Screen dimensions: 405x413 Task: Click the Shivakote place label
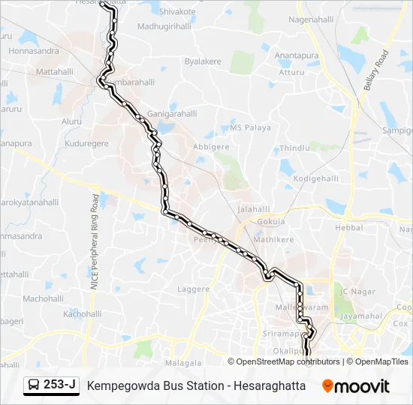[177, 12]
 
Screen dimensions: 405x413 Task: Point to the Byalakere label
[203, 61]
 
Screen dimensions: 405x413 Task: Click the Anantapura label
[297, 55]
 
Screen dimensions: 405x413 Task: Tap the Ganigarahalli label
[172, 114]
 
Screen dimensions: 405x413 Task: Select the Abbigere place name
[211, 147]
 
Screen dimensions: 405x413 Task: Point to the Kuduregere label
[88, 142]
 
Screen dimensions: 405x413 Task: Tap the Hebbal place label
[348, 227]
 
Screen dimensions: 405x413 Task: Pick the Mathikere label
[273, 240]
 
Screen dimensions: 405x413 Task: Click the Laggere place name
[193, 289]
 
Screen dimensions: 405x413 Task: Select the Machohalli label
[42, 298]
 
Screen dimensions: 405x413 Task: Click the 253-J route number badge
[51, 385]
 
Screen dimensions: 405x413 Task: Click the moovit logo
[356, 386]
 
